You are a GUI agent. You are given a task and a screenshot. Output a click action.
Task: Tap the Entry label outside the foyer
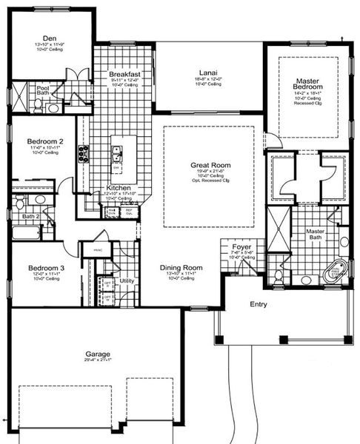pyautogui.click(x=259, y=304)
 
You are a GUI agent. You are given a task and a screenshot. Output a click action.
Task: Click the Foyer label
pyautogui.click(x=242, y=246)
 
